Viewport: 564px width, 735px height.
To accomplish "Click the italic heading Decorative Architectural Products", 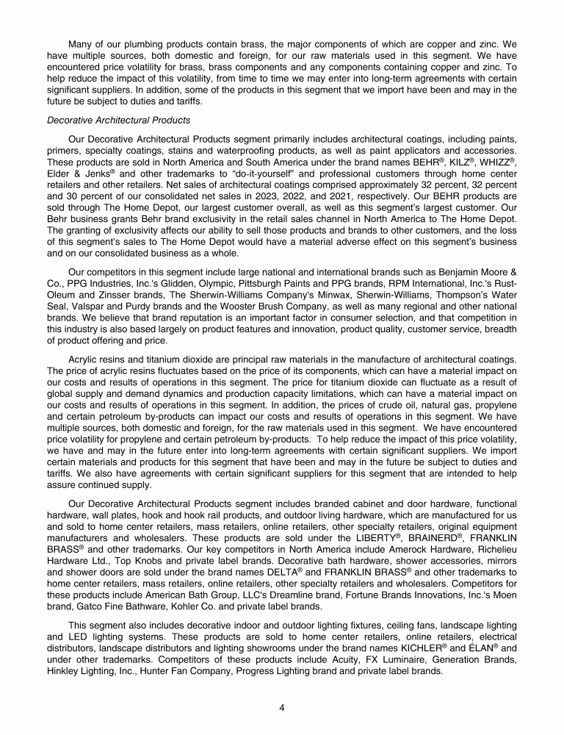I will pyautogui.click(x=118, y=120).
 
